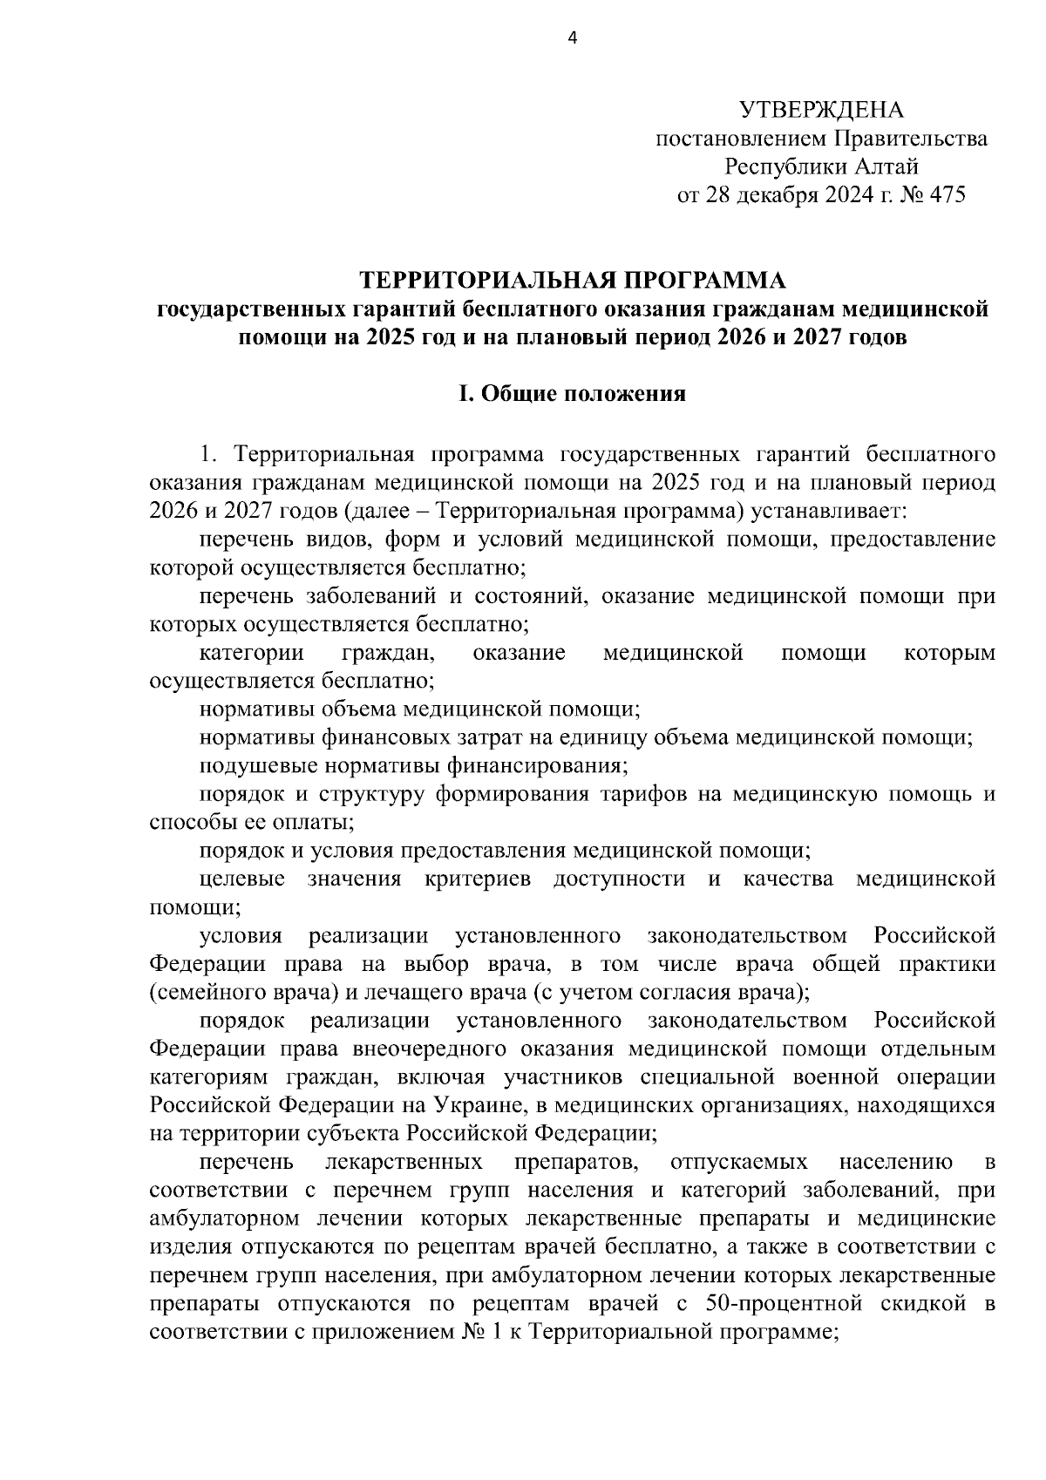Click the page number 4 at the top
click(x=572, y=37)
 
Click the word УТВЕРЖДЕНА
click(x=822, y=110)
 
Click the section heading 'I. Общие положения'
click(x=572, y=394)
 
